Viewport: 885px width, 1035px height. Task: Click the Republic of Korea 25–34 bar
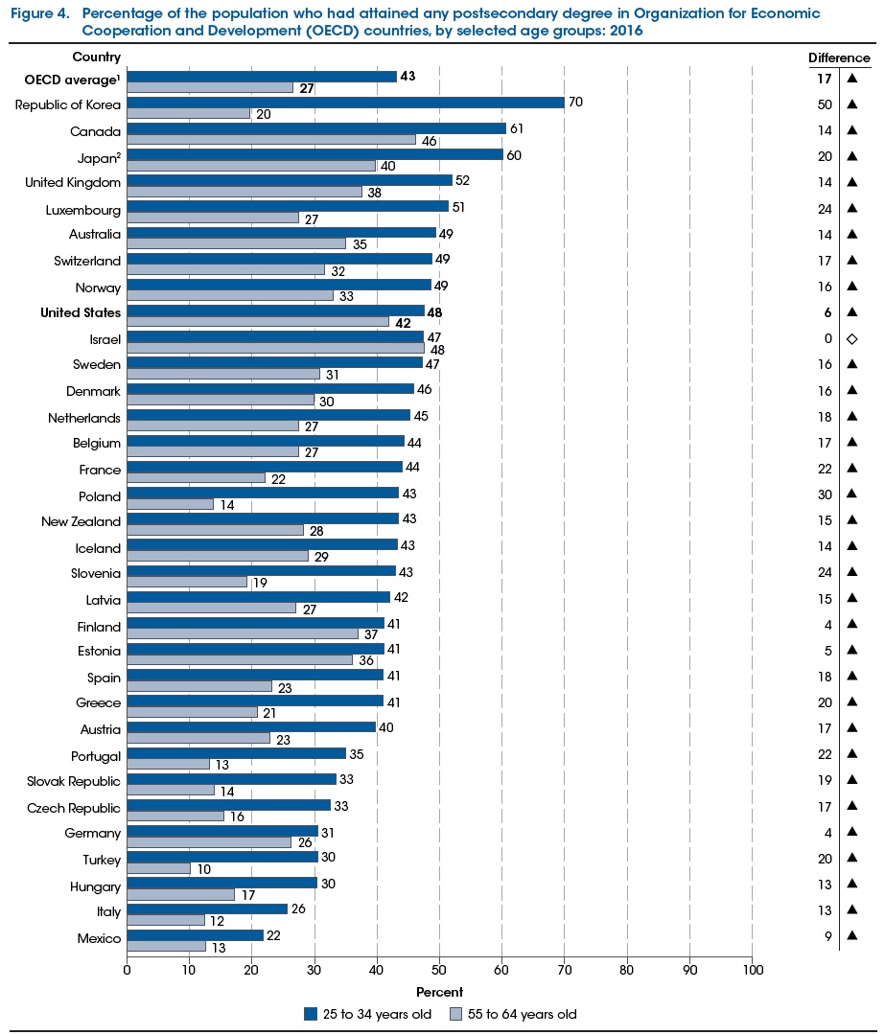345,103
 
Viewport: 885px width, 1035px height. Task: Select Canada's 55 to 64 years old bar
271,140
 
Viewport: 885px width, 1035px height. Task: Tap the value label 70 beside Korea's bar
576,103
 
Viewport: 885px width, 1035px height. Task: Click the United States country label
81,312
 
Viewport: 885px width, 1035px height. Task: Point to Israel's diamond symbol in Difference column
851,338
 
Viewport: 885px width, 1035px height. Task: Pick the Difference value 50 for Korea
824,103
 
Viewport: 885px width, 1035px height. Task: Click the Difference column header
839,58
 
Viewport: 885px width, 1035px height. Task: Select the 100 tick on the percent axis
753,972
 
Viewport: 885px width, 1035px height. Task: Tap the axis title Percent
440,992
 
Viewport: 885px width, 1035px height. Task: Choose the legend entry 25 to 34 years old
368,1014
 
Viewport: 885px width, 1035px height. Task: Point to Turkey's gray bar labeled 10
158,868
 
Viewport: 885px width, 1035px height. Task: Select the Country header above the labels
97,57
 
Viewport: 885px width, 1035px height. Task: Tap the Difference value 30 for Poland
824,495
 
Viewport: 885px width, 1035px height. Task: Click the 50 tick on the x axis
439,972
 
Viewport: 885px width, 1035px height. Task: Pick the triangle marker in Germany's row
851,833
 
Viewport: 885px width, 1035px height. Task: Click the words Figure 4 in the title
37,13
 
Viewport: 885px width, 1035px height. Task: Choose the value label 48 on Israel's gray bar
438,350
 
